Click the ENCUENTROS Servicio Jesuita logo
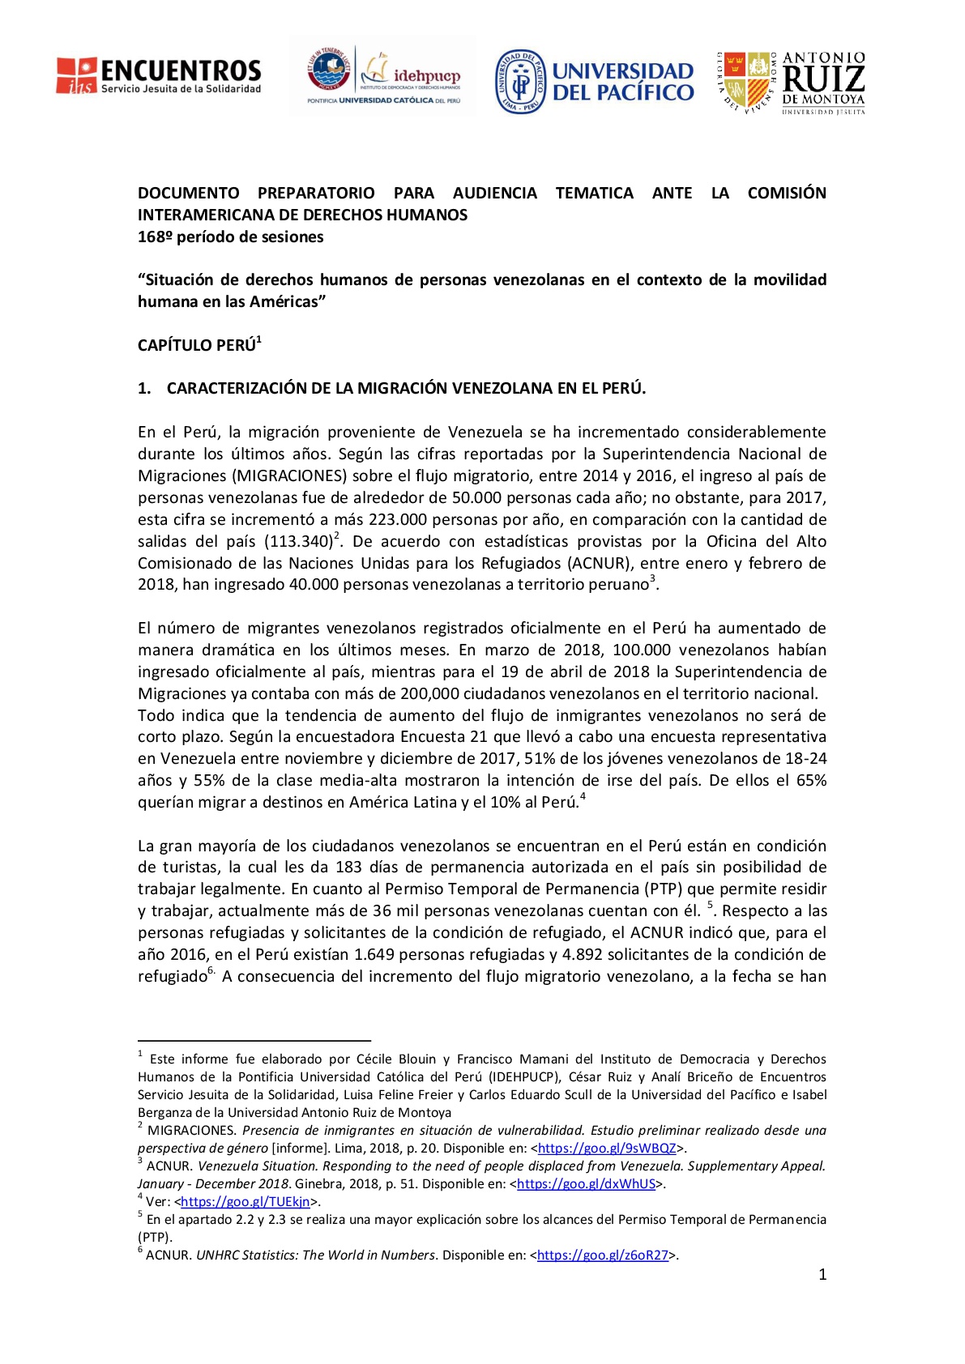[x=159, y=76]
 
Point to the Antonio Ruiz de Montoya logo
[x=791, y=82]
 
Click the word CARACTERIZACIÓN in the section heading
[x=237, y=389]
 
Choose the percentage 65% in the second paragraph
[x=811, y=781]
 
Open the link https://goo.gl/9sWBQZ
[x=607, y=1149]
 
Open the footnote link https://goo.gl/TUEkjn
[x=246, y=1202]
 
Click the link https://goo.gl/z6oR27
[x=603, y=1255]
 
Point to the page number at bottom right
[x=822, y=1275]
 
